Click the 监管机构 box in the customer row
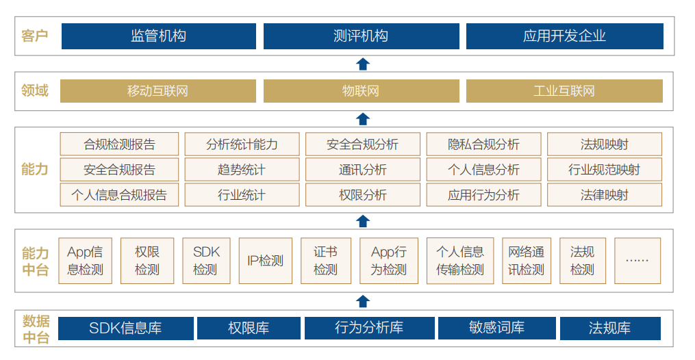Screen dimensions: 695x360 click(159, 36)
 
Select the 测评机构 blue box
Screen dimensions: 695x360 click(362, 36)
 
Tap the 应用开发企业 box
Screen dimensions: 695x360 click(565, 36)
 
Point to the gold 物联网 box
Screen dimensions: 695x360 click(362, 91)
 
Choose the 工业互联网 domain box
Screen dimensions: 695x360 click(564, 91)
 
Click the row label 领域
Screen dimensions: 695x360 click(34, 91)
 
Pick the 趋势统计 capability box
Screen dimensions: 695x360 click(242, 170)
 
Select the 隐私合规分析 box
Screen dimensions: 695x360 click(483, 144)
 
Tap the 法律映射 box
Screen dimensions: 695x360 click(605, 195)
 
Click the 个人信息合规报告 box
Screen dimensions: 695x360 click(119, 195)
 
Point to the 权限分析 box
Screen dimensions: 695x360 click(363, 195)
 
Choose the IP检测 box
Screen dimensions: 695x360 click(266, 261)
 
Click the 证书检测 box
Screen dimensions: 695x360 click(326, 261)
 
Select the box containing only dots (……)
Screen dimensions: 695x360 click(637, 261)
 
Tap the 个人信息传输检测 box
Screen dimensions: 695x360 click(460, 261)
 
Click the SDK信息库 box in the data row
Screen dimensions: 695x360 click(126, 328)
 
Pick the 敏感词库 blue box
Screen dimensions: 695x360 click(497, 328)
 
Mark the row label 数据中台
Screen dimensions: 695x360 click(36, 329)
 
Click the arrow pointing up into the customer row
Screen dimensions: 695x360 click(363, 64)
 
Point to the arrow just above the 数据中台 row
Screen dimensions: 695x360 click(363, 301)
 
